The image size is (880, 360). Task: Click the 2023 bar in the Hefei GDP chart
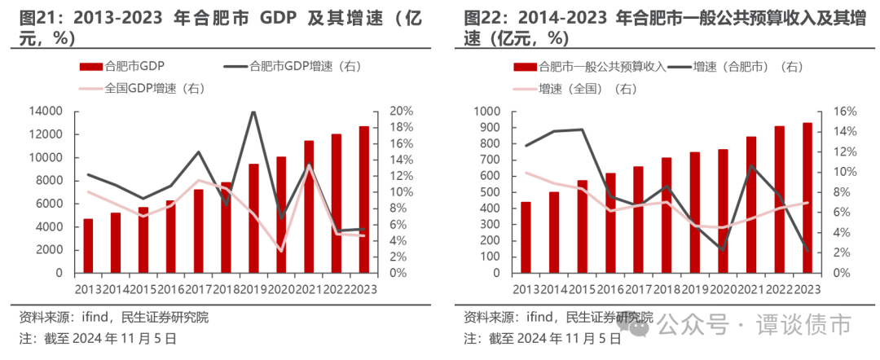click(363, 200)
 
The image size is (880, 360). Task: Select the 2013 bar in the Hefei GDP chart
click(88, 246)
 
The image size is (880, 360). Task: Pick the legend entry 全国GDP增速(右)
click(153, 89)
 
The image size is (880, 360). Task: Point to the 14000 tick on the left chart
click(46, 111)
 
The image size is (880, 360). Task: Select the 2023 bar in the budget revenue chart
click(807, 198)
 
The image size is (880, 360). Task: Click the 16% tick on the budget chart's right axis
click(839, 111)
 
